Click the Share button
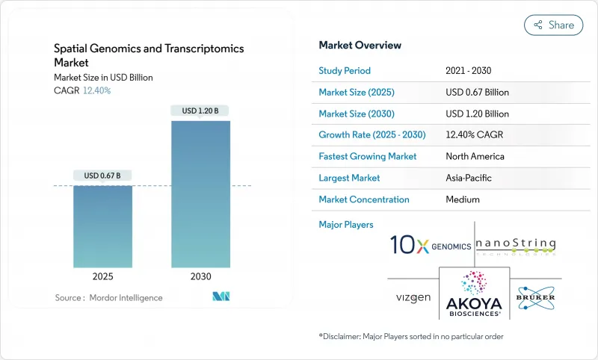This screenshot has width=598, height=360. (553, 25)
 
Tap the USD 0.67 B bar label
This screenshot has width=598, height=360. (102, 176)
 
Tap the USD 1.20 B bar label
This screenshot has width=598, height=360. (200, 111)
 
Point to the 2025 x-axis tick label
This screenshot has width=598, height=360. (102, 276)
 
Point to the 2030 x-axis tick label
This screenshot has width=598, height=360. (200, 276)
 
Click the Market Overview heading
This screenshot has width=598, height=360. (360, 45)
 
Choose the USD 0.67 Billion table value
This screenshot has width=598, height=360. (477, 93)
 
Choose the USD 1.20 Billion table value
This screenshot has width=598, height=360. (477, 114)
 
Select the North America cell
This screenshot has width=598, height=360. (475, 157)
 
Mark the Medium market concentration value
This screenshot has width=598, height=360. (462, 199)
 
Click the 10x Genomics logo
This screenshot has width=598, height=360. (431, 245)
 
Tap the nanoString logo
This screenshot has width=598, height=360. (517, 245)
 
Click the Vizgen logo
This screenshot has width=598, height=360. (413, 297)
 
